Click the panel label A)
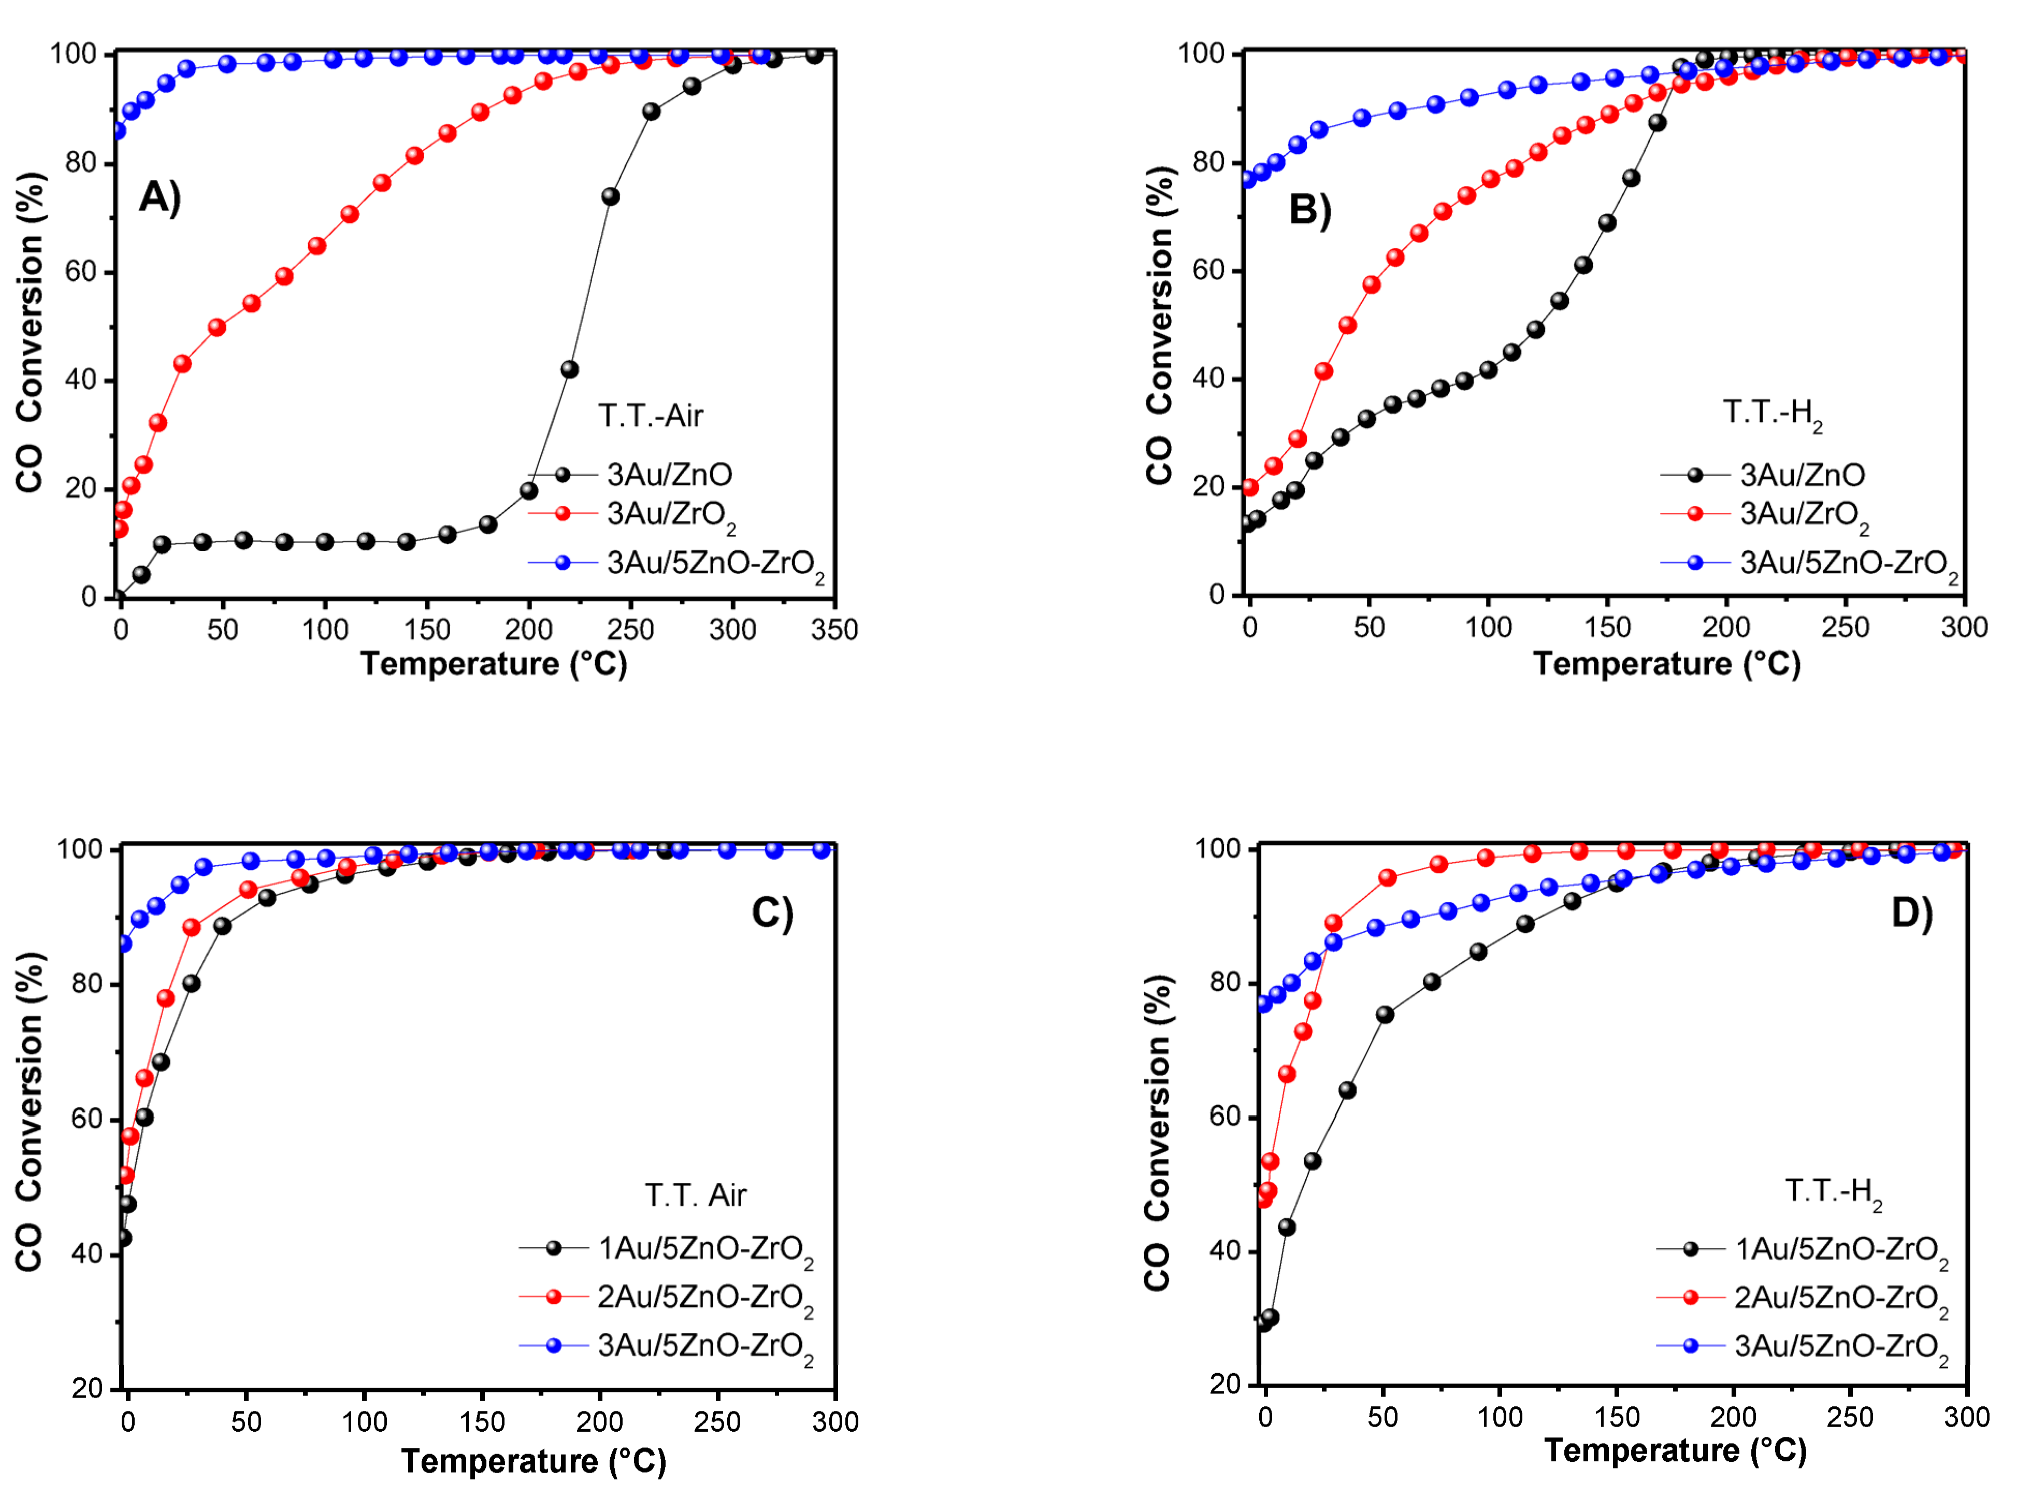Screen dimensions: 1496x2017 pos(160,196)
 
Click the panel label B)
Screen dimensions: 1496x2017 pos(1309,209)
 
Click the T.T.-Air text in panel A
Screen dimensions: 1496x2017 pos(650,416)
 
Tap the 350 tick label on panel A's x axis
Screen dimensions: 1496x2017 pos(834,630)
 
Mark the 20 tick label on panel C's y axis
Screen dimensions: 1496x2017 pos(88,1388)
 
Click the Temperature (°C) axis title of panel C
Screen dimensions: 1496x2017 pos(533,1461)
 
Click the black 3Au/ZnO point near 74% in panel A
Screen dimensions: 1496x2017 pos(610,196)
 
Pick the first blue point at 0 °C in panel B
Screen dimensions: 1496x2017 pos(1249,179)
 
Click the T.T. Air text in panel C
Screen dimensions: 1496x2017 pos(695,1195)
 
